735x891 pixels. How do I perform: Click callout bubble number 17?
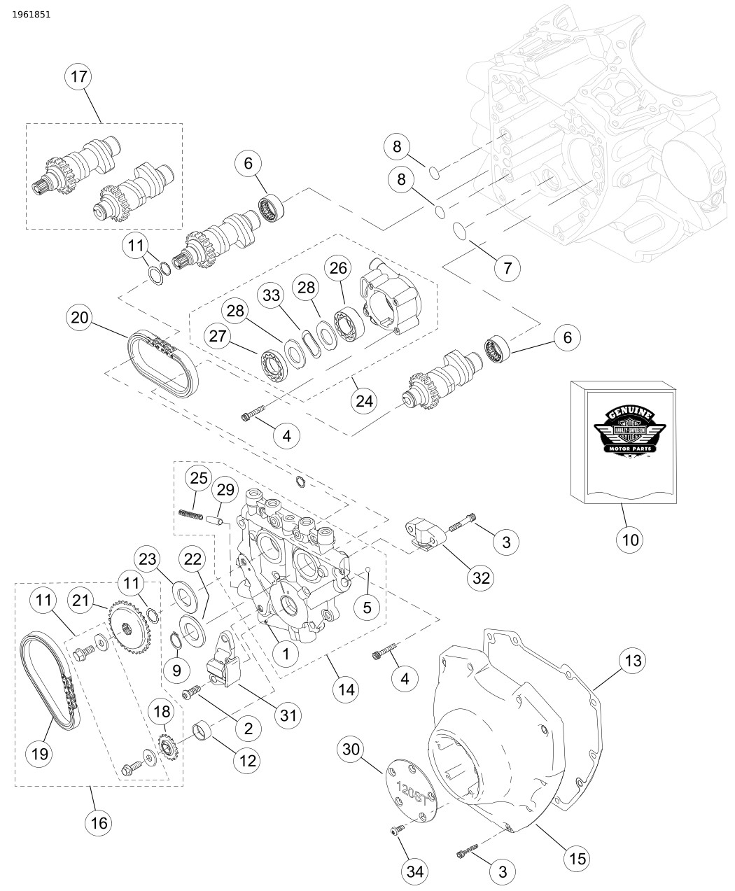coord(79,77)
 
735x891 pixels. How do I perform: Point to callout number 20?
coord(80,318)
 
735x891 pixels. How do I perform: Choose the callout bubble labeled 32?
coord(482,577)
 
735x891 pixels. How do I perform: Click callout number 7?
coord(507,267)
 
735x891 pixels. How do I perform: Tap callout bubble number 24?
coord(365,400)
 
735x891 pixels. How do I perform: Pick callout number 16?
coord(100,822)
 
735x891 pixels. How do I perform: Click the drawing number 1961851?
coord(31,14)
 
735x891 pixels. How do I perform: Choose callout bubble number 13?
coord(632,660)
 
